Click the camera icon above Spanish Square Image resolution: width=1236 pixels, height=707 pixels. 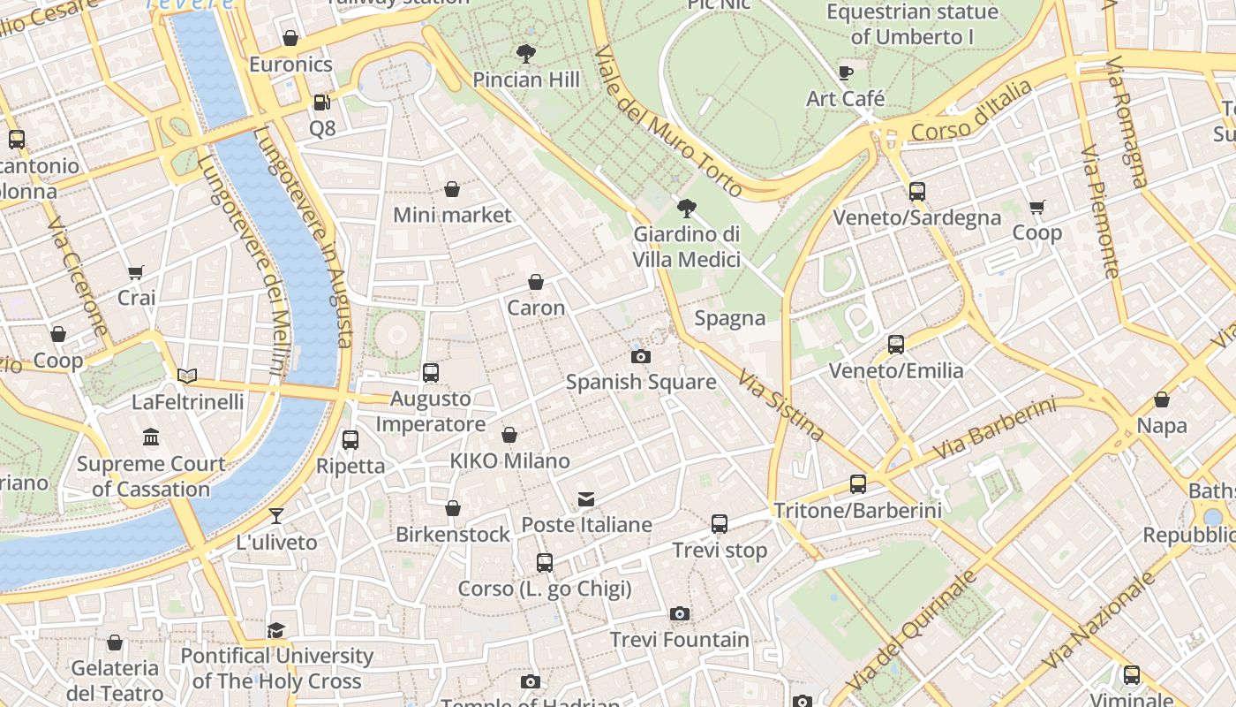[x=641, y=357]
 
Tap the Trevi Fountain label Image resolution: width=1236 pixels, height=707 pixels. [x=679, y=639]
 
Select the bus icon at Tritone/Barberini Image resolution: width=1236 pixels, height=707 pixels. [x=857, y=484]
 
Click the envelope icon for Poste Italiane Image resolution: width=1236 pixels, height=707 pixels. [x=586, y=499]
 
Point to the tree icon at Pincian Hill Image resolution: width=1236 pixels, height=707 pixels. [x=526, y=54]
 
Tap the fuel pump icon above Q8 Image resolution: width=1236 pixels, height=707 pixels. [x=321, y=103]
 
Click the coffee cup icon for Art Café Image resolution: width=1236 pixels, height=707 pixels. [x=845, y=72]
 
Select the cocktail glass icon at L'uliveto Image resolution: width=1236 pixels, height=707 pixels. [x=276, y=516]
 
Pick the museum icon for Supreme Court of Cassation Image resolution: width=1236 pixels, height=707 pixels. [x=151, y=437]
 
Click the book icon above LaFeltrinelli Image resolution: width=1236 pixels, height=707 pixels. [x=187, y=376]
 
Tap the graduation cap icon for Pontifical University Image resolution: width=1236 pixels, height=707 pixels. [x=276, y=630]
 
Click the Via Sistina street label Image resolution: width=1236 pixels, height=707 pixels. [x=781, y=404]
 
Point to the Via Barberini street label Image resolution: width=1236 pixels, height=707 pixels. [x=994, y=430]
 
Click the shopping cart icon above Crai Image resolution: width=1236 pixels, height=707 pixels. [x=136, y=272]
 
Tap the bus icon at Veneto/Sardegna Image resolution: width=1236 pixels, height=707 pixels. [x=916, y=192]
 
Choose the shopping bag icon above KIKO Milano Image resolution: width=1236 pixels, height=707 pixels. [x=509, y=435]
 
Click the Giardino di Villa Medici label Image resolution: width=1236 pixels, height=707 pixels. [x=686, y=247]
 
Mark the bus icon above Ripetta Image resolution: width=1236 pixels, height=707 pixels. [x=350, y=440]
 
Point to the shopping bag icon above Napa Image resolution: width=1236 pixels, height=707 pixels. [x=1161, y=400]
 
